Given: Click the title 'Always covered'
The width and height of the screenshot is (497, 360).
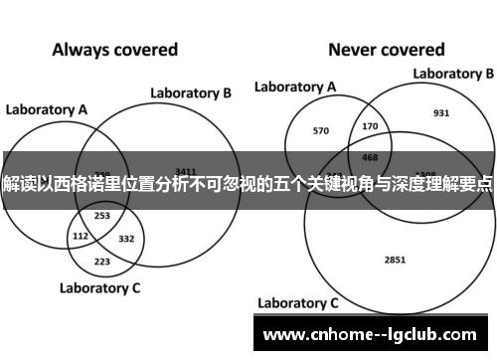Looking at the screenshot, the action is pos(114,49).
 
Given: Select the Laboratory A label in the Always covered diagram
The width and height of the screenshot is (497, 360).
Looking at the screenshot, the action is pos(47,108).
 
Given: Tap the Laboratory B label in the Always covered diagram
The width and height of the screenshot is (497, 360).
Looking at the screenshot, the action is pos(191,93).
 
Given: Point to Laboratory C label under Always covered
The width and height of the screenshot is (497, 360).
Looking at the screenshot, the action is pos(100,288).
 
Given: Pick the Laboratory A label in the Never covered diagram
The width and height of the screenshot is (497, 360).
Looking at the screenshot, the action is pos(295,88).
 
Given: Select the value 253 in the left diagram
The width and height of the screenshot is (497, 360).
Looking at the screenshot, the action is pos(101,216).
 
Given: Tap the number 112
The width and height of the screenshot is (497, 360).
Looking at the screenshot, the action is pos(81,237).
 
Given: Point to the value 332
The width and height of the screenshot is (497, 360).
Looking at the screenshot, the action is pos(126,239).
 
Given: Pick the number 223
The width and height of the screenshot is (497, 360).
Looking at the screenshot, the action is pos(102,261).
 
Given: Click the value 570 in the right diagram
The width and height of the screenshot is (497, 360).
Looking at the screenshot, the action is pos(320,130).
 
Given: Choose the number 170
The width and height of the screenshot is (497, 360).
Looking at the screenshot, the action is pos(371,126).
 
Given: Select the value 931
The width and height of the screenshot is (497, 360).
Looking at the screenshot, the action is pos(441,112).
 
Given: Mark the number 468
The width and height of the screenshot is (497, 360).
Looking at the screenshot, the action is pos(370,156).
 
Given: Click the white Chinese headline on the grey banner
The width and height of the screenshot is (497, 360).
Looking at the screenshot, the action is pos(248,186).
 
